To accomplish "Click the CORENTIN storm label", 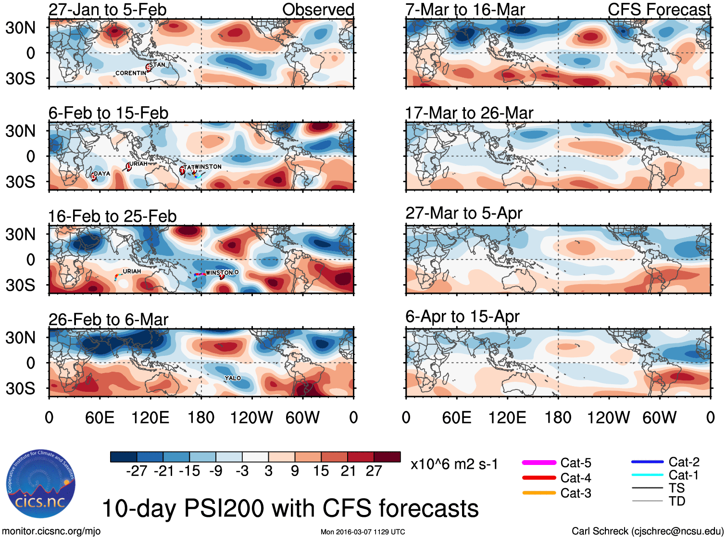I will pyautogui.click(x=130, y=73).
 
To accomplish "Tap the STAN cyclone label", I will pyautogui.click(x=157, y=65).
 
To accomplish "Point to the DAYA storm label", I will pyautogui.click(x=102, y=174).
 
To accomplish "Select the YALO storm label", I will pyautogui.click(x=233, y=378).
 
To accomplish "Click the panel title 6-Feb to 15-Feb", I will pyautogui.click(x=108, y=113).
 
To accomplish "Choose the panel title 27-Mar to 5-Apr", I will pyautogui.click(x=463, y=213).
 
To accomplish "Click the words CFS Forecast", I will pyautogui.click(x=659, y=10).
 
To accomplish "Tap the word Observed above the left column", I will pyautogui.click(x=318, y=10).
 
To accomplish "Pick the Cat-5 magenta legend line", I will pyautogui.click(x=539, y=463).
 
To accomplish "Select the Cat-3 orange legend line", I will pyautogui.click(x=539, y=493).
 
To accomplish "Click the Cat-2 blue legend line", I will pyautogui.click(x=647, y=462).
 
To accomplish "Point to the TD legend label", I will pyautogui.click(x=677, y=501).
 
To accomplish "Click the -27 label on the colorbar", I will pyautogui.click(x=137, y=471).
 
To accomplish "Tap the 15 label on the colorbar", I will pyautogui.click(x=321, y=471).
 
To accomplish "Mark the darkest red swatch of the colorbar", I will pyautogui.click(x=387, y=457).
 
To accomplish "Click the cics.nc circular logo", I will pyautogui.click(x=41, y=484).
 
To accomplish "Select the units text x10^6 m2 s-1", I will pyautogui.click(x=454, y=464).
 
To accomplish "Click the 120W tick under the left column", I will pyautogui.click(x=251, y=417).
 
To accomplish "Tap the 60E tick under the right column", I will pyautogui.click(x=456, y=417).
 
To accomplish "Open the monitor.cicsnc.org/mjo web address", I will pyautogui.click(x=51, y=531).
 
